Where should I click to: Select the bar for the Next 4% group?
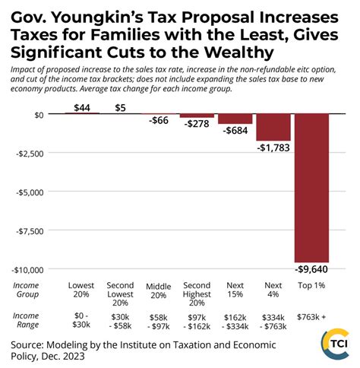tap(273, 128)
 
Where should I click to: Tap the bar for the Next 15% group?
tap(235, 119)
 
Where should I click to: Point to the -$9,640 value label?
tap(311, 268)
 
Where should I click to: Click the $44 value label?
tap(81, 107)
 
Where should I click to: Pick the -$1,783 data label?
tap(273, 147)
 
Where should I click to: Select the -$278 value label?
tap(197, 124)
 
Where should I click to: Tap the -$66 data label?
tap(158, 121)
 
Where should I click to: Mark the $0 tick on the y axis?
tap(38, 114)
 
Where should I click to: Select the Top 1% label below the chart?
tap(311, 285)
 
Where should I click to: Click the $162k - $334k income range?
tap(235, 320)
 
